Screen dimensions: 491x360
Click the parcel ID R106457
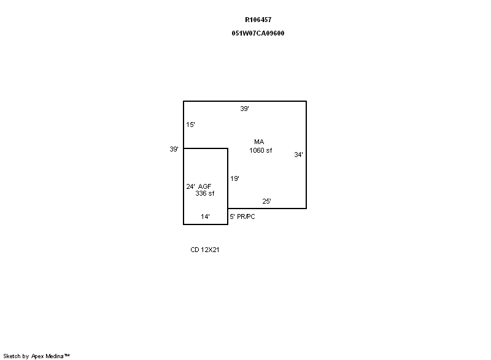(x=258, y=20)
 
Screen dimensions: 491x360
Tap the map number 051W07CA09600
(x=258, y=33)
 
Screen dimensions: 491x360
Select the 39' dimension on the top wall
(x=244, y=109)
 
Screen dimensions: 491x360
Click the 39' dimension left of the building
(x=174, y=149)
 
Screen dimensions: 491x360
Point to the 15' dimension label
(x=190, y=124)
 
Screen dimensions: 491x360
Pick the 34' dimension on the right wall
(x=298, y=155)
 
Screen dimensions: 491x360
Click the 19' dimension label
(x=235, y=178)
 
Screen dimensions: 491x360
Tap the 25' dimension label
(x=266, y=201)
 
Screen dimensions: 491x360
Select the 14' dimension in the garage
(x=205, y=216)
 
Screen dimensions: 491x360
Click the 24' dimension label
(x=190, y=186)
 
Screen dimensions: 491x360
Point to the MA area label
(x=259, y=142)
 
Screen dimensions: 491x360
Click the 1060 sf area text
(x=260, y=150)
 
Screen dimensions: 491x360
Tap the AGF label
(x=205, y=186)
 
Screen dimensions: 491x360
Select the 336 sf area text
(x=205, y=193)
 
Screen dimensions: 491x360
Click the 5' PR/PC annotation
(x=242, y=216)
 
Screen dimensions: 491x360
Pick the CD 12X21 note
(x=205, y=250)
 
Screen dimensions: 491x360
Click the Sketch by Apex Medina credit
(x=36, y=356)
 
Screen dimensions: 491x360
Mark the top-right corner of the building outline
(x=306, y=101)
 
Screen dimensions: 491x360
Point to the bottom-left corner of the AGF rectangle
(x=184, y=224)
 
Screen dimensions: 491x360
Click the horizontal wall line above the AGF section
(x=206, y=148)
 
